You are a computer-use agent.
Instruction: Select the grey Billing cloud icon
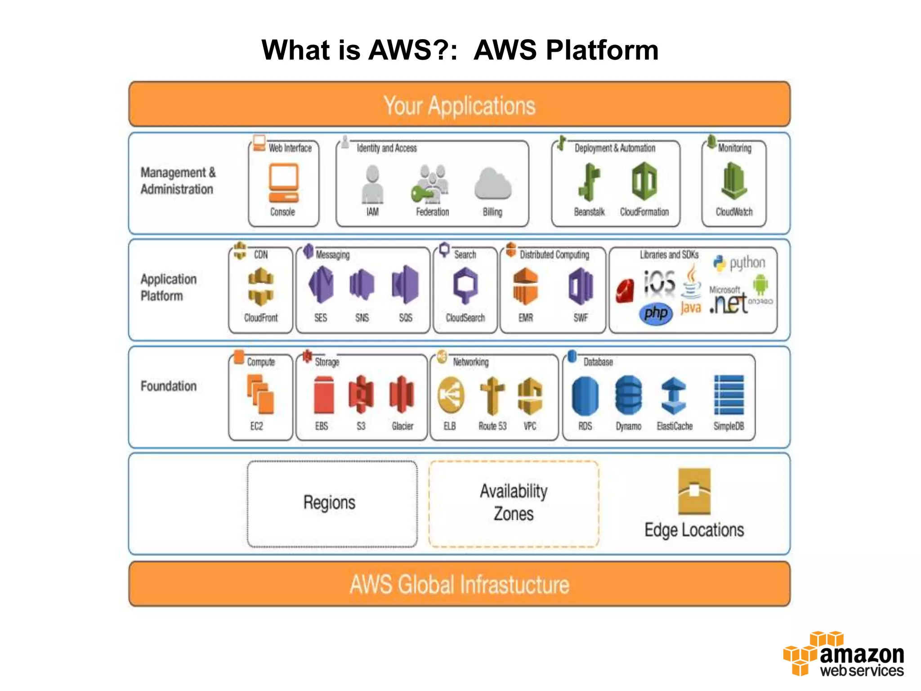click(x=492, y=184)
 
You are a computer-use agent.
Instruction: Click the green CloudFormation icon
click(x=644, y=182)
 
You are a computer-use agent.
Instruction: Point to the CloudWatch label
click(x=734, y=212)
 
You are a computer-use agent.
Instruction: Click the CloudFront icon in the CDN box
click(x=261, y=287)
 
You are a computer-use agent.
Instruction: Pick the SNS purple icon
click(x=362, y=284)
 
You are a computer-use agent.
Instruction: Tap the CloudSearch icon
click(x=465, y=285)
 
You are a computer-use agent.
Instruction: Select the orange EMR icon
click(x=525, y=286)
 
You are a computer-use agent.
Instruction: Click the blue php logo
click(x=656, y=313)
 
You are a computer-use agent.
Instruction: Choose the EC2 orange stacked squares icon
click(x=260, y=395)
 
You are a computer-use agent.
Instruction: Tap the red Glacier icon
click(x=402, y=395)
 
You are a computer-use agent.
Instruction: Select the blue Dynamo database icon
click(x=628, y=395)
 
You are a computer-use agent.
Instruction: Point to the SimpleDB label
click(x=729, y=426)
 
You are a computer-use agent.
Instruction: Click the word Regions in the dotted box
click(x=329, y=503)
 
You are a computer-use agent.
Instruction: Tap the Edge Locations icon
click(x=694, y=491)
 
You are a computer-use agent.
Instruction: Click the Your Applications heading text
click(x=459, y=106)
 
